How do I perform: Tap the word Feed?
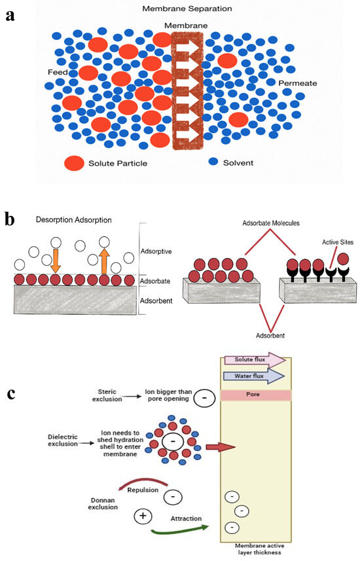point(58,71)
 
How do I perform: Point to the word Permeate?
point(298,83)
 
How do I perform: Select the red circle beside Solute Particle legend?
point(75,162)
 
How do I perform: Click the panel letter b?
point(10,219)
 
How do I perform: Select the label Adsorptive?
point(158,251)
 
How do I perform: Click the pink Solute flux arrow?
point(255,359)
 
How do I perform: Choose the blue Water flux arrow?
point(255,375)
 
